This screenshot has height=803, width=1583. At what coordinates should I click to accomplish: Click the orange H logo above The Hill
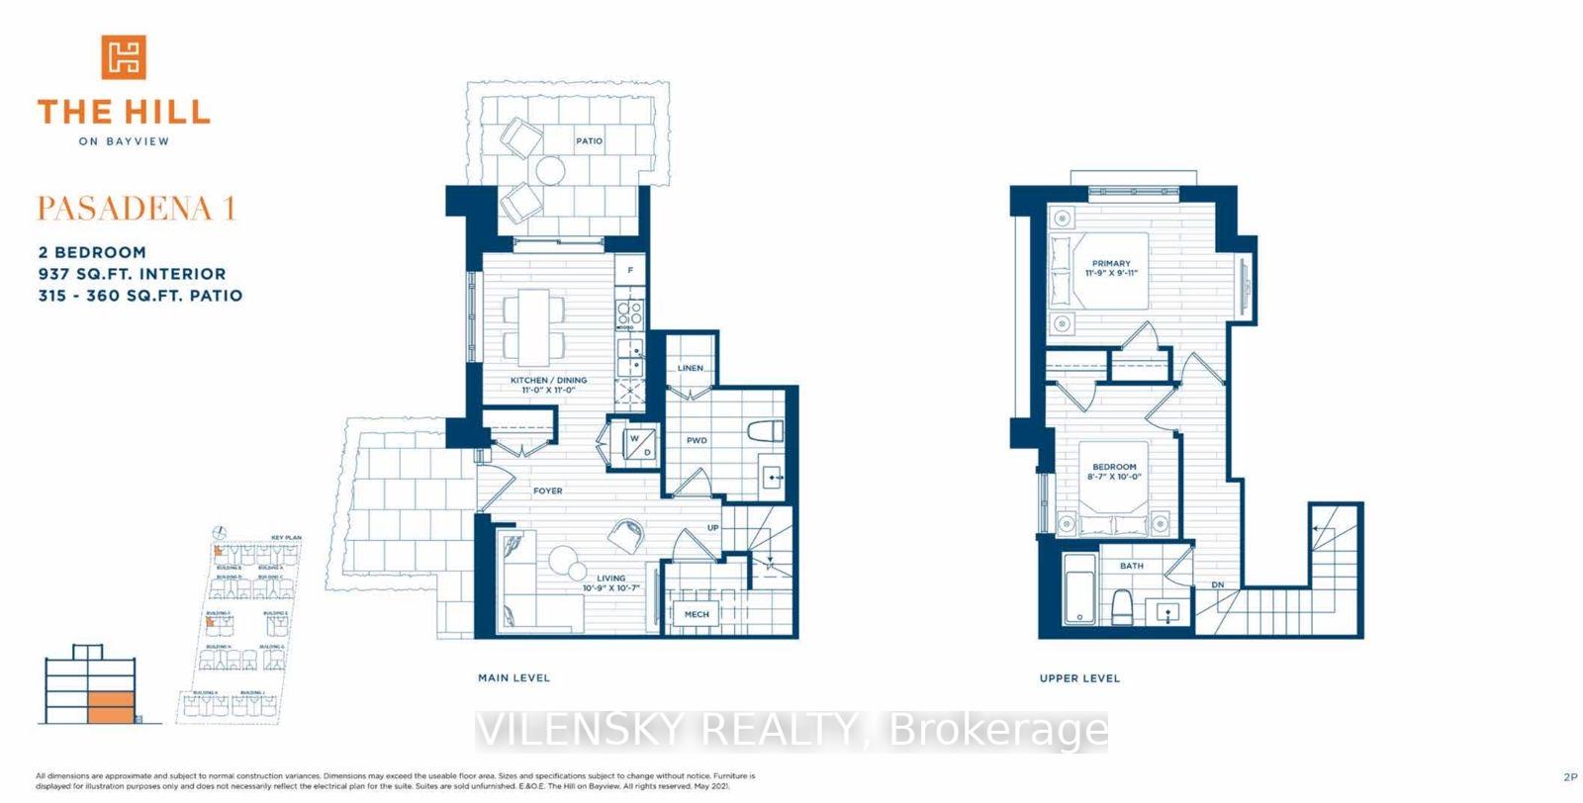coord(124,56)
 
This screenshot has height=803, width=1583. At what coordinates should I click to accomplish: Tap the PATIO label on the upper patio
coord(589,141)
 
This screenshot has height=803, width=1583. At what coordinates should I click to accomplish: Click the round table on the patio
coord(550,171)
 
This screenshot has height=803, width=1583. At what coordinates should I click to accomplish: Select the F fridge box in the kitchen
coord(630,269)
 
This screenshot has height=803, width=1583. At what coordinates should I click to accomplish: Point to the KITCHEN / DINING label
coord(548,381)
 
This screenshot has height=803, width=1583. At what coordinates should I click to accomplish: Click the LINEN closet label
coord(691,368)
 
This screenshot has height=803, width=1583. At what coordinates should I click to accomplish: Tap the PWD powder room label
coord(697,440)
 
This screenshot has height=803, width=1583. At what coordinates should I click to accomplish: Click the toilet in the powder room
coord(766,432)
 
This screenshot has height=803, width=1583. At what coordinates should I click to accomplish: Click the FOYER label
coord(547,491)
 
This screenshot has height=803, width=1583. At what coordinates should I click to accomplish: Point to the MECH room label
coord(697,614)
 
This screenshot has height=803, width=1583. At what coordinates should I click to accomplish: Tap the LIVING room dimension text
coord(611,588)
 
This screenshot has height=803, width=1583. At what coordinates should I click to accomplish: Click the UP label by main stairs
coord(712,528)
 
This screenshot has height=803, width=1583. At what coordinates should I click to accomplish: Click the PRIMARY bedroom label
coord(1111,264)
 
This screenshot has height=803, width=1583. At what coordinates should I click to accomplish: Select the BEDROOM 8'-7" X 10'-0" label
coord(1114,472)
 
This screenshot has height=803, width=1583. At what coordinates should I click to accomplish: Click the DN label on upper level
coord(1218,584)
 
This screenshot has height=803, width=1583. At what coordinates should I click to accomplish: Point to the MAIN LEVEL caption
coord(513,677)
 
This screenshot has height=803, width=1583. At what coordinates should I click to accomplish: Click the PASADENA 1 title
coord(137,209)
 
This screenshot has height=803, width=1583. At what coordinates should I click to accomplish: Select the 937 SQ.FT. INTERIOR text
coord(132,274)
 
